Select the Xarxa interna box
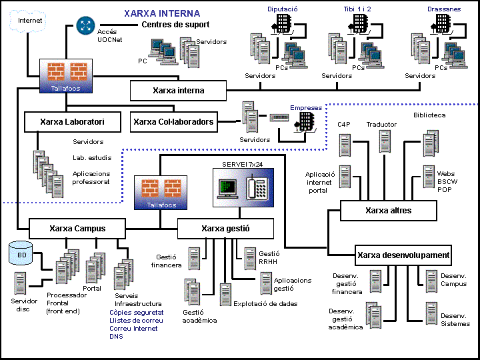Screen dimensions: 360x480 click(178, 91)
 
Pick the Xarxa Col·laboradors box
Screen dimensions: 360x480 click(173, 122)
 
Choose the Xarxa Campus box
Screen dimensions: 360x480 click(77, 229)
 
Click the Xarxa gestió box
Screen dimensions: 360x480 click(225, 229)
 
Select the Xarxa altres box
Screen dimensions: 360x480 click(388, 211)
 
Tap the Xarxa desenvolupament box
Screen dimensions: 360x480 click(403, 255)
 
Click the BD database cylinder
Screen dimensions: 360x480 click(21, 254)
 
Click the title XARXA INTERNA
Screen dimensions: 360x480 click(162, 13)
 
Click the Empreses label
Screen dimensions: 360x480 click(305, 108)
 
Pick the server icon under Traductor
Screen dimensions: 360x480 click(385, 141)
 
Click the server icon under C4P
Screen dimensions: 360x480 click(345, 145)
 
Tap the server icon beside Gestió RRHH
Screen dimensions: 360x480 click(249, 255)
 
